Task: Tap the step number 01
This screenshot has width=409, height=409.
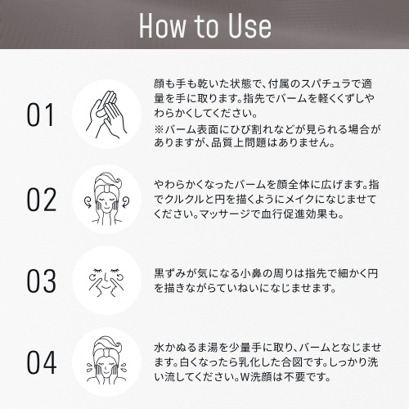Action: [x=40, y=115]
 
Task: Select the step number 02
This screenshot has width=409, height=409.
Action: [x=41, y=200]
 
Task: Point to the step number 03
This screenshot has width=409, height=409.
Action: [x=41, y=281]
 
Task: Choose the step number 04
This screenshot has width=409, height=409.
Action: [x=42, y=362]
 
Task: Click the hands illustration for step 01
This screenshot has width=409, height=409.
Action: [x=106, y=115]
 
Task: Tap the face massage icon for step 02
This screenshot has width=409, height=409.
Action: [x=106, y=199]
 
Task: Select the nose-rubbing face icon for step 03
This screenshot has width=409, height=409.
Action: [x=106, y=281]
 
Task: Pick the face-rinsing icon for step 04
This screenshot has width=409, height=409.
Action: [x=106, y=362]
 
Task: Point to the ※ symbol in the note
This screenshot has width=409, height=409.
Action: [x=159, y=129]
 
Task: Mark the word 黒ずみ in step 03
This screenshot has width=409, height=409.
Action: [x=170, y=273]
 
